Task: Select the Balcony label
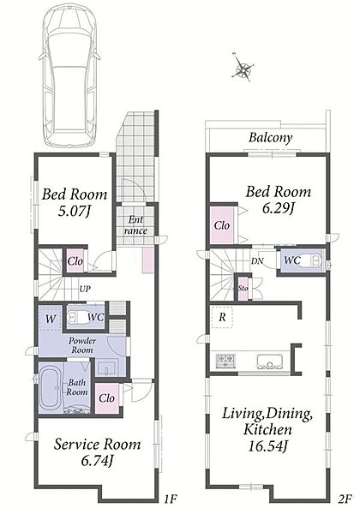(270, 137)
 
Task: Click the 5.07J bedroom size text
(74, 211)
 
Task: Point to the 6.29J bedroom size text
(278, 207)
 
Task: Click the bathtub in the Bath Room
(51, 389)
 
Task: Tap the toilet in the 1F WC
(77, 317)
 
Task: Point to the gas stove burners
(225, 361)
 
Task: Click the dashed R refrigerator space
(222, 317)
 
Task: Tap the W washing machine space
(50, 319)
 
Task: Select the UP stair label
(85, 290)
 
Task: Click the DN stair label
(257, 261)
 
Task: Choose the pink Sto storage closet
(243, 289)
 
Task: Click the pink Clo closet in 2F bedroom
(222, 225)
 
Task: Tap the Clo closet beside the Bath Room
(107, 398)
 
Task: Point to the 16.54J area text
(267, 446)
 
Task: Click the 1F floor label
(170, 499)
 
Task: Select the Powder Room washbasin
(106, 368)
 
